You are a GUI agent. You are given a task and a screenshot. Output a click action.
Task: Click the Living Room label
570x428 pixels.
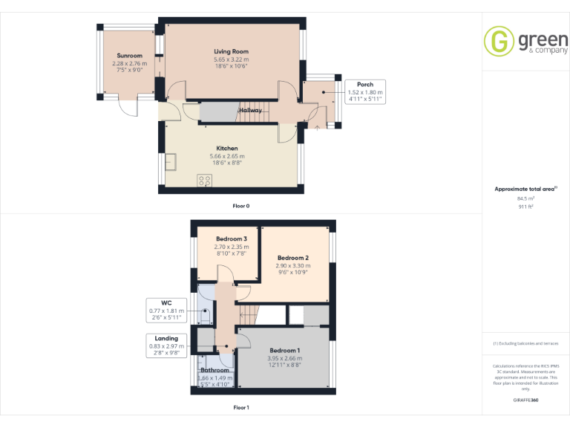[x=231, y=51]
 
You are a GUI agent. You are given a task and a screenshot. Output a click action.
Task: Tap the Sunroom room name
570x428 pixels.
[x=129, y=56]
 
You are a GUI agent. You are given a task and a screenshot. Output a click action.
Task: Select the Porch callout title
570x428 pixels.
[x=364, y=85]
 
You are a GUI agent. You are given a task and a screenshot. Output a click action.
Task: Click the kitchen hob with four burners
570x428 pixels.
[x=204, y=180]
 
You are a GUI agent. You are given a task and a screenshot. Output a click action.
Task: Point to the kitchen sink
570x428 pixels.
[x=171, y=160]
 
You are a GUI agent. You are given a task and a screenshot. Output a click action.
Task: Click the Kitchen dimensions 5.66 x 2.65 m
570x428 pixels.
[x=226, y=156]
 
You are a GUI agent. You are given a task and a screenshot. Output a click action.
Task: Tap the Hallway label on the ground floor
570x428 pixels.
[x=250, y=110]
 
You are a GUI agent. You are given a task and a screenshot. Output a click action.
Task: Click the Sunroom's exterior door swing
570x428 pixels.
[x=131, y=108]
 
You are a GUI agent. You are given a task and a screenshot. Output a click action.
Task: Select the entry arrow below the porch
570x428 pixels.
[x=318, y=127]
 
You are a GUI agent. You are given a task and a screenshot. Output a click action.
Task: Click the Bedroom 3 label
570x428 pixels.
[x=231, y=239]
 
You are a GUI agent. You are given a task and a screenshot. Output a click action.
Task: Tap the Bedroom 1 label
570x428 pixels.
[x=284, y=350]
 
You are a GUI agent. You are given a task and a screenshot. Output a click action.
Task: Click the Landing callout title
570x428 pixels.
[x=166, y=338]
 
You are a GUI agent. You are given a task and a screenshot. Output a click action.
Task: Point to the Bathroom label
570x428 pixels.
[x=215, y=370]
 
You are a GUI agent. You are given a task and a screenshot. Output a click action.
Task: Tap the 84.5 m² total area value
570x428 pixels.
[x=525, y=198]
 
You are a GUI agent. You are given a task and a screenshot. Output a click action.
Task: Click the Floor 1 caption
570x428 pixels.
[x=241, y=407]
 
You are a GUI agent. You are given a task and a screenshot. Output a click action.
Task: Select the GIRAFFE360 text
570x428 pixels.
[x=525, y=400]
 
